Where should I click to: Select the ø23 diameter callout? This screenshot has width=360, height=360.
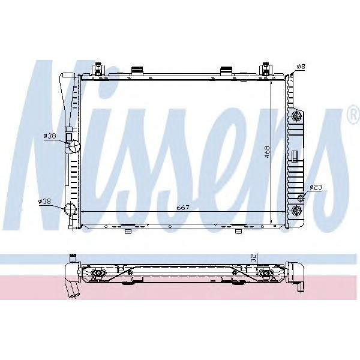(x=316, y=188)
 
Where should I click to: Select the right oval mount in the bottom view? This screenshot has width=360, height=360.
(x=266, y=275)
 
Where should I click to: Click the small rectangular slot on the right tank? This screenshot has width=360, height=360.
(x=295, y=157)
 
